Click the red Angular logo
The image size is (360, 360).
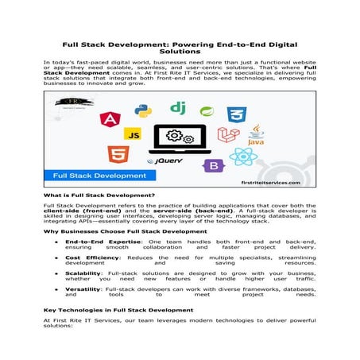(x=108, y=119)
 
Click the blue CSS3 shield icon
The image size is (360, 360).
(x=235, y=114)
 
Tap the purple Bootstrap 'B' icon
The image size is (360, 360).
(x=212, y=166)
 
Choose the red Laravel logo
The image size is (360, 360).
(x=229, y=134)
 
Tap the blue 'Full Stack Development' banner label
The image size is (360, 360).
(x=83, y=175)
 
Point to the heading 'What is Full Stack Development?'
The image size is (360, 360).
(x=99, y=195)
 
